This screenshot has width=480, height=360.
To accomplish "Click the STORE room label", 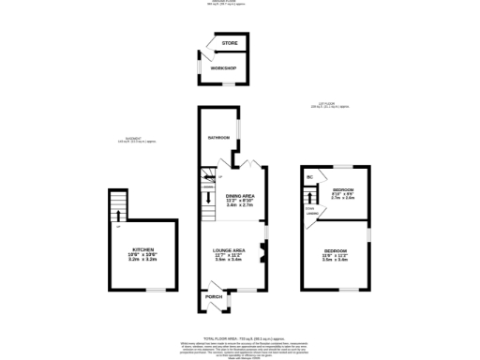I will (230, 44).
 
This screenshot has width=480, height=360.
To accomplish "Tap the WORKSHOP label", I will (223, 68).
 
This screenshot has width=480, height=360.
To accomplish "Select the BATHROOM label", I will (218, 139).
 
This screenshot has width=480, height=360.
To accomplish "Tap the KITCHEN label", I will (142, 249).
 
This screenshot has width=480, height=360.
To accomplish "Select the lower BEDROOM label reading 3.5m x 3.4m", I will (336, 253).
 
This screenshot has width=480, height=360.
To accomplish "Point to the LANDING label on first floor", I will (310, 212).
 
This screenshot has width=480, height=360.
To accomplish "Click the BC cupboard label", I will (309, 176).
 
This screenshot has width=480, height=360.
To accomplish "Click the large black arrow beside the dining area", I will (208, 197).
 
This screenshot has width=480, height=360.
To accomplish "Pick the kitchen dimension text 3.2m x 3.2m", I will (142, 260).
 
